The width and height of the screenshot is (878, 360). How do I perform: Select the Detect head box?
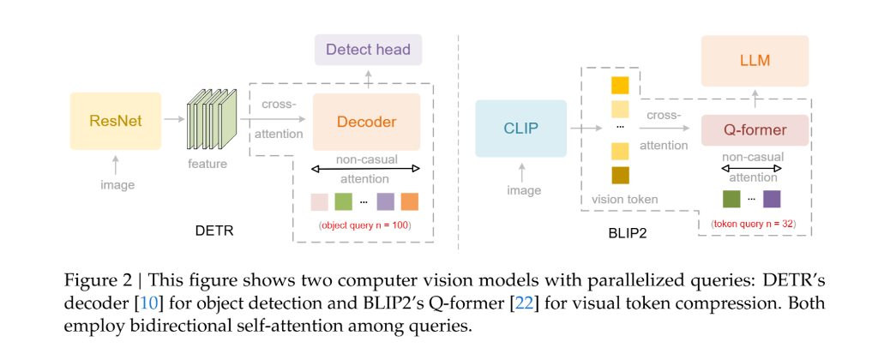pos(368,49)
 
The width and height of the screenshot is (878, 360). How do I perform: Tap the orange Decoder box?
pos(366,122)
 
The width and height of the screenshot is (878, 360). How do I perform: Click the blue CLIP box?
pos(520,129)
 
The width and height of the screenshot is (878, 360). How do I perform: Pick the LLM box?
pos(755,61)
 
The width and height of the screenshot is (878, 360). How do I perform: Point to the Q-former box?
pos(755,130)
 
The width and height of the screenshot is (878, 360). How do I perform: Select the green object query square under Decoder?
pos(343,202)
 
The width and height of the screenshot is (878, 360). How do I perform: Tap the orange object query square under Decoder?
pos(409,202)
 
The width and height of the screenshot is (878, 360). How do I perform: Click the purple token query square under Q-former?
pos(772,200)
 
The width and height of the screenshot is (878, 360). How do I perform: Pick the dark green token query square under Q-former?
pos(731,200)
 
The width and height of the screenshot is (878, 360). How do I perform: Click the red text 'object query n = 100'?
pos(364,225)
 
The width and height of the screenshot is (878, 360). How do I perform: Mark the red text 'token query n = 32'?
pos(754,224)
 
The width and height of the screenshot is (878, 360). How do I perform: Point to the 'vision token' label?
pos(624,200)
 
